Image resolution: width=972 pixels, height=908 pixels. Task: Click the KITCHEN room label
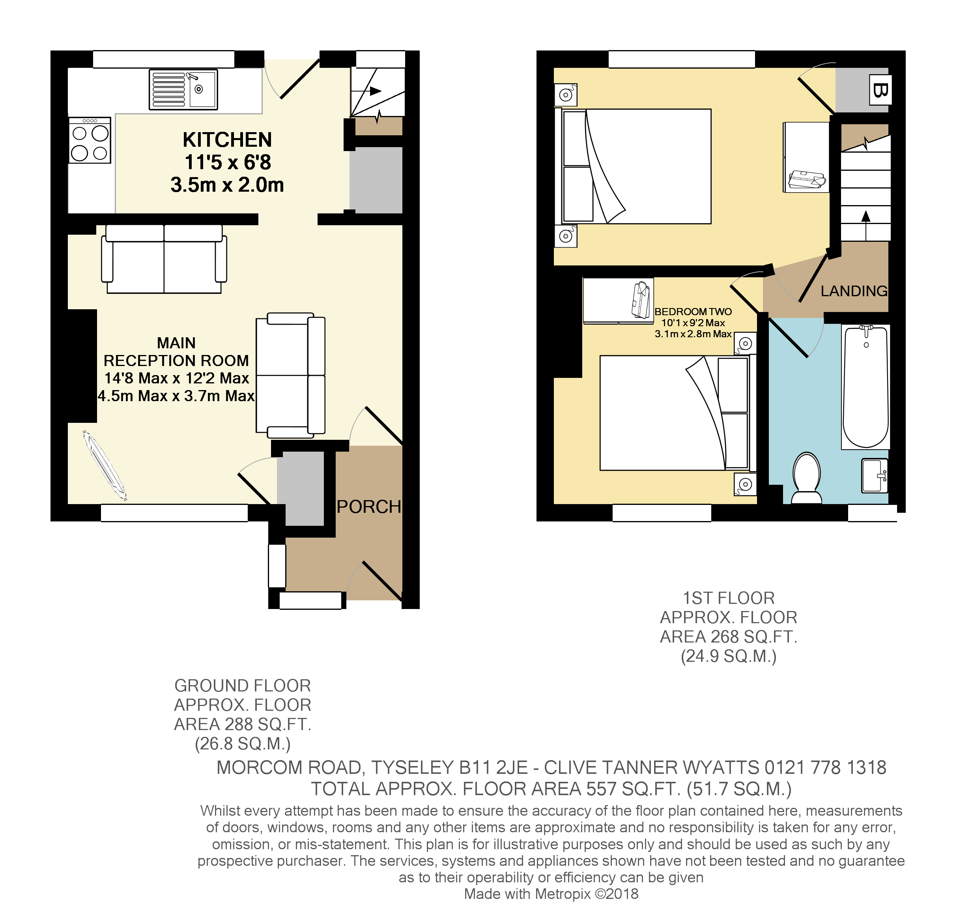[227, 140]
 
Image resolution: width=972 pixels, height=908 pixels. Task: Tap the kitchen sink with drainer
[183, 90]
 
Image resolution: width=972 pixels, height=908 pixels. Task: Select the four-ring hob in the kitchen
[90, 140]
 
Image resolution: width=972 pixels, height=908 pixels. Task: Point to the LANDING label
[854, 291]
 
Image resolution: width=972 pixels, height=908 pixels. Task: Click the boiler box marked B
[880, 90]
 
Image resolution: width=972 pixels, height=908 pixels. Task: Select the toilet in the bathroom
[806, 478]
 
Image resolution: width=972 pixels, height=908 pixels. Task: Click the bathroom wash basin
[874, 475]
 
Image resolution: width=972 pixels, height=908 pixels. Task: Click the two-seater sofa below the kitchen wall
[164, 259]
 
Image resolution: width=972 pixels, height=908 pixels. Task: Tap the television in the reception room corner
[105, 465]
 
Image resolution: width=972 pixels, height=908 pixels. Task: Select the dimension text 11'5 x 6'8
[227, 163]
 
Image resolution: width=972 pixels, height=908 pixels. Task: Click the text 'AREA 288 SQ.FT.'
[243, 724]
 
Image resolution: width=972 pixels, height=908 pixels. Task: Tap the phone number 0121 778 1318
[825, 768]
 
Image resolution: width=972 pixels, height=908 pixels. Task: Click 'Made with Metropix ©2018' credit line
[551, 894]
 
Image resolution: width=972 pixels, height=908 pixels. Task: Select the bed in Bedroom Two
[675, 413]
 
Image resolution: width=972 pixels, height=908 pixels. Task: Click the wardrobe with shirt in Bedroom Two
[618, 301]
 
